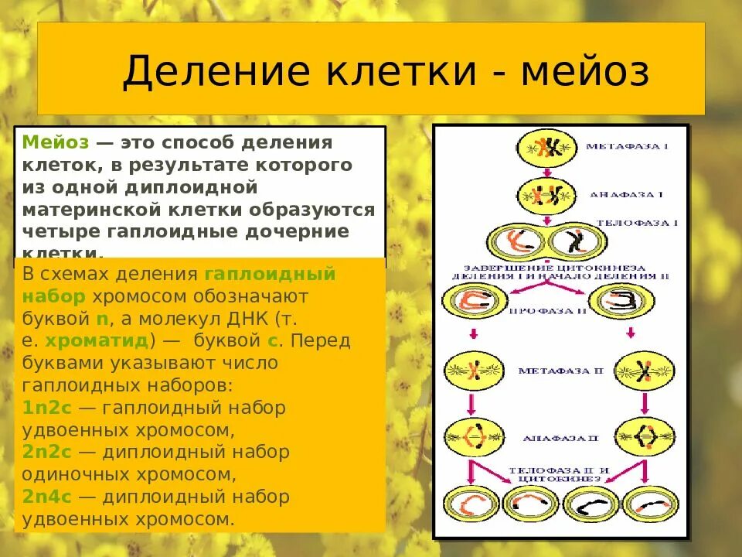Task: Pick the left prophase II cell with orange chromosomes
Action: coord(474,302)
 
